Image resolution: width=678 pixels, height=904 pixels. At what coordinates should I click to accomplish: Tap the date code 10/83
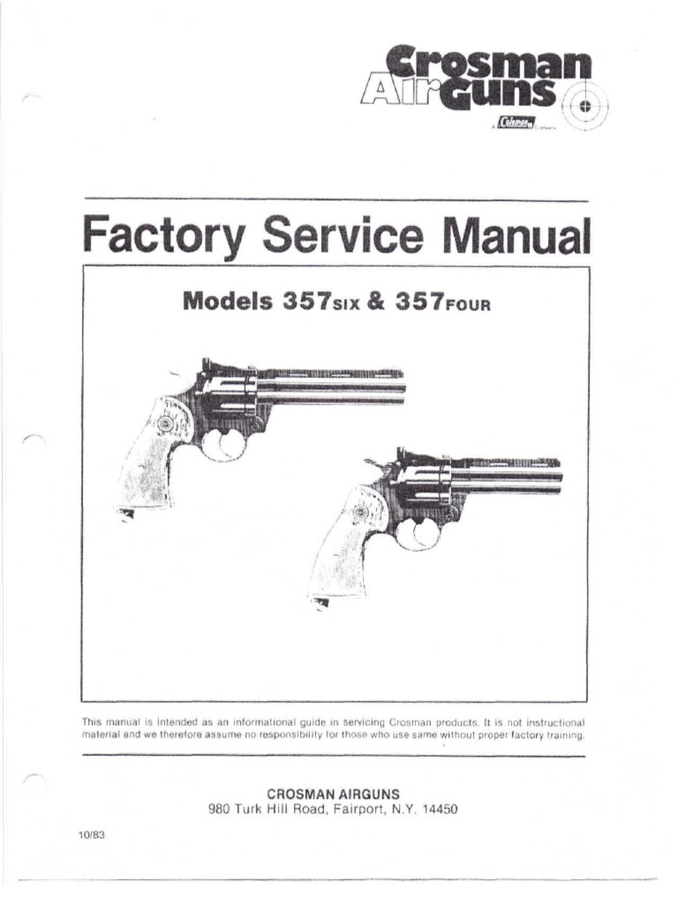pyautogui.click(x=92, y=839)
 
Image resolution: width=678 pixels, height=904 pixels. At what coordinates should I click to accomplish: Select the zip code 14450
pyautogui.click(x=438, y=808)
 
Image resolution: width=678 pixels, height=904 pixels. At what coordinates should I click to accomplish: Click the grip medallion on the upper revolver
pyautogui.click(x=164, y=426)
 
